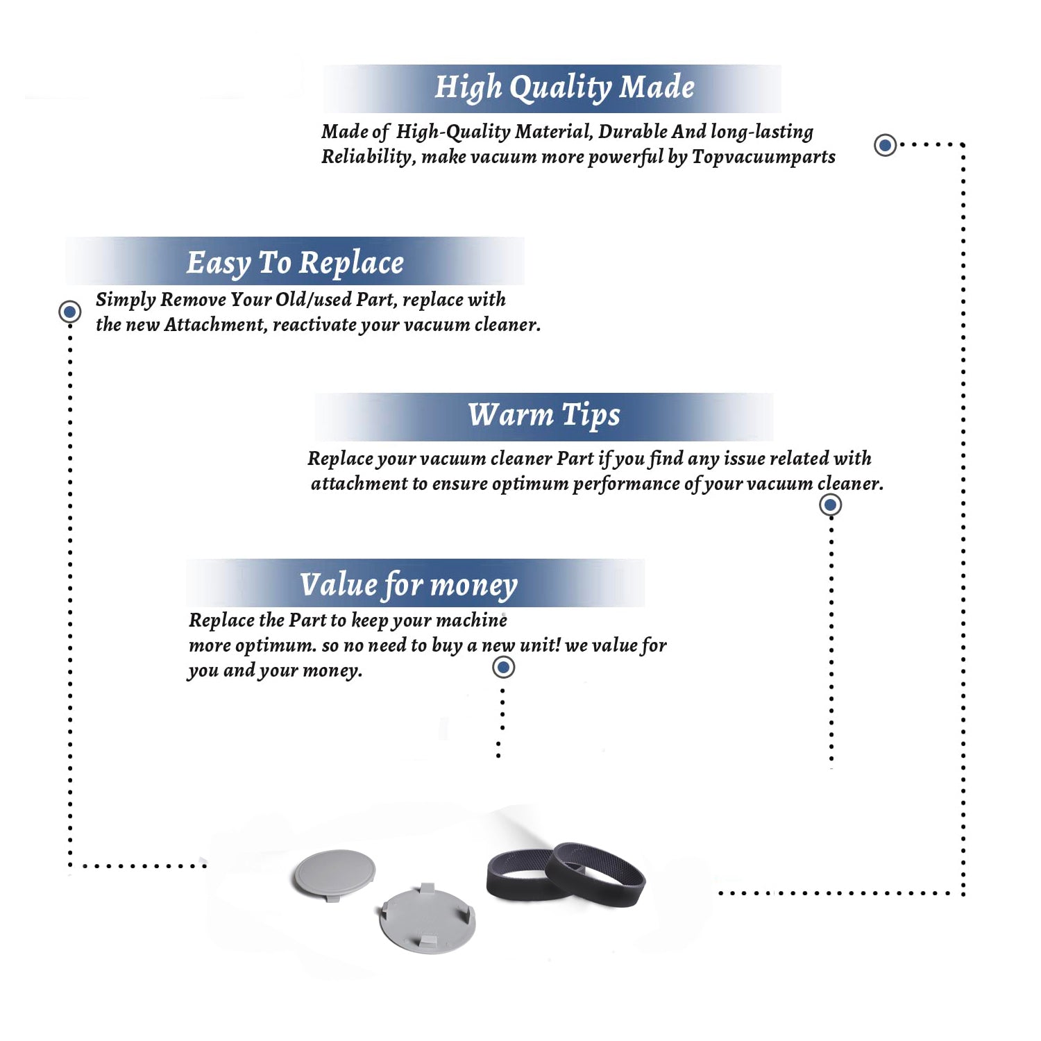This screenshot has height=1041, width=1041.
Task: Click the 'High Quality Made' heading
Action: [564, 88]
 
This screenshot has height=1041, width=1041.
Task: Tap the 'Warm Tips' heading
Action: [544, 416]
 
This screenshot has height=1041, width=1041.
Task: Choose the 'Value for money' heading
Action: [409, 585]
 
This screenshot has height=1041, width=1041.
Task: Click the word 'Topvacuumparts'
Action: [763, 157]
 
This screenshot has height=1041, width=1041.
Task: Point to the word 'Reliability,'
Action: [369, 157]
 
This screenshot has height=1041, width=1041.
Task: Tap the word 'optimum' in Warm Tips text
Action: [530, 484]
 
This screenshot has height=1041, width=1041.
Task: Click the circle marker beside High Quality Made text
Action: [885, 145]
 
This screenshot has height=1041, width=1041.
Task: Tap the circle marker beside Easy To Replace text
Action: [69, 312]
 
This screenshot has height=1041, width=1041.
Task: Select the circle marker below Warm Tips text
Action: [830, 505]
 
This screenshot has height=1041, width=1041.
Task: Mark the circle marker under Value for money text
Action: [503, 668]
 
